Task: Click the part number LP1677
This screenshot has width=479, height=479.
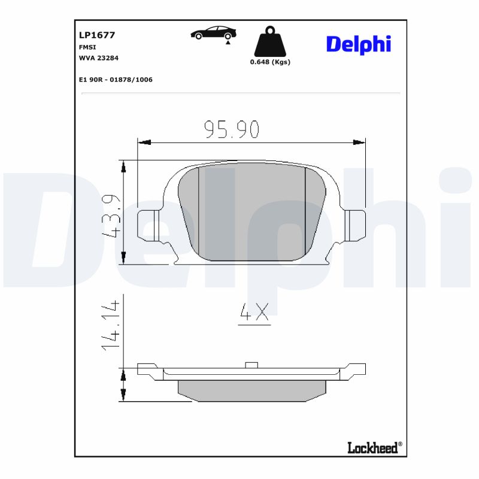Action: pyautogui.click(x=97, y=35)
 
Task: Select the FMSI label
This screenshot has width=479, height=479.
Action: pyautogui.click(x=88, y=47)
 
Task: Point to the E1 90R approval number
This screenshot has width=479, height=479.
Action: pyautogui.click(x=116, y=79)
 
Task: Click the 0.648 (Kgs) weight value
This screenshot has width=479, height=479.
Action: pyautogui.click(x=270, y=62)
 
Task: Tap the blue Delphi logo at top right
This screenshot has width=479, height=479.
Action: pyautogui.click(x=358, y=44)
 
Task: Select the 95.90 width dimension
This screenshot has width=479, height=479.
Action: pyautogui.click(x=231, y=129)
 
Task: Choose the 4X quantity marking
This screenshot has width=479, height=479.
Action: pyautogui.click(x=254, y=313)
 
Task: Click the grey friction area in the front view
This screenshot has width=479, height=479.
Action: pyautogui.click(x=251, y=213)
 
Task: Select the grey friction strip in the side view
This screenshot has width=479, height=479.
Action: pyautogui.click(x=251, y=390)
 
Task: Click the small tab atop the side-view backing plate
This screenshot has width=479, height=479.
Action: pyautogui.click(x=251, y=365)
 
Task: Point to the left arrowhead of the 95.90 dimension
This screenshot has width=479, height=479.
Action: pyautogui.click(x=144, y=143)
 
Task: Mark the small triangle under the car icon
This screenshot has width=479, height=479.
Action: pyautogui.click(x=228, y=43)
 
